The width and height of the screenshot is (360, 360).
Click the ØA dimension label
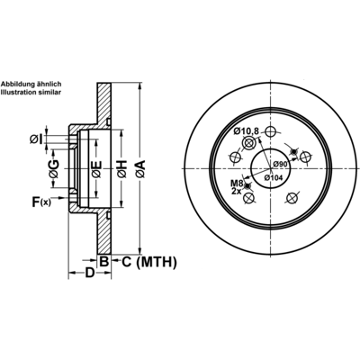click(140, 169)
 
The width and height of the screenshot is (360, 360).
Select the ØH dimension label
click(122, 169)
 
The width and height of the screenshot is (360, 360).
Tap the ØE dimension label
click(96, 169)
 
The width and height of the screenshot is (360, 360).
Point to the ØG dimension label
click(54, 169)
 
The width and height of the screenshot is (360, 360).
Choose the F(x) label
click(41, 202)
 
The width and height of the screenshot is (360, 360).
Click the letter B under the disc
click(103, 262)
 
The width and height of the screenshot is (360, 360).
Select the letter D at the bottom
click(90, 273)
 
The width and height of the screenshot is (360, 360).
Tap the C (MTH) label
click(149, 262)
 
